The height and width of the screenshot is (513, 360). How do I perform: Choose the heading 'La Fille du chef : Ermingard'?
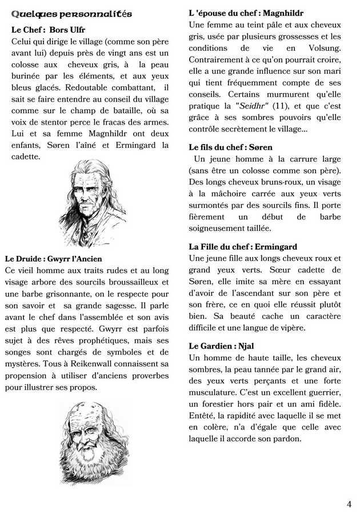click(x=243, y=247)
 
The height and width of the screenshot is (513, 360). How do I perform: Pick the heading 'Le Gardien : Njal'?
click(x=221, y=346)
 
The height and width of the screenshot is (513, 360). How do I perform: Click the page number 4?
click(x=349, y=503)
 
